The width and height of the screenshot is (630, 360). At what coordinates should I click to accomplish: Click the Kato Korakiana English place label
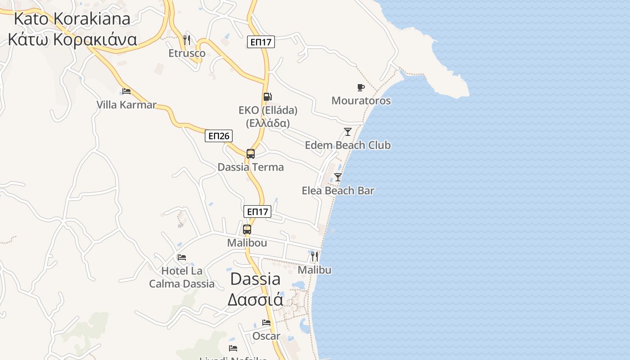[72, 18]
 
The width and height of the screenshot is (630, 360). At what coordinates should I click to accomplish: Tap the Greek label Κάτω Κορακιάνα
[72, 40]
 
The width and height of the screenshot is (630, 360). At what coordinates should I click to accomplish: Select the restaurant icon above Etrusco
[187, 40]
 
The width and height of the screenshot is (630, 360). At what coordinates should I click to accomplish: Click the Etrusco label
[187, 53]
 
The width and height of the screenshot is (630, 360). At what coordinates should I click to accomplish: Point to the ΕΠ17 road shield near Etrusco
[261, 42]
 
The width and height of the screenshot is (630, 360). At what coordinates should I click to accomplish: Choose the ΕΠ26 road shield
[219, 136]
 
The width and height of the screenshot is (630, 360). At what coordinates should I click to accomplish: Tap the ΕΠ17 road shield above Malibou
[257, 211]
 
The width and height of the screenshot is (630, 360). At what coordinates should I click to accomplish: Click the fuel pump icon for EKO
[267, 97]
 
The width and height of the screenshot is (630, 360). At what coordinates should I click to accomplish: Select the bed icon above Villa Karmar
[126, 91]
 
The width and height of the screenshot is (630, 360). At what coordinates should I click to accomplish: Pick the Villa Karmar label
[126, 105]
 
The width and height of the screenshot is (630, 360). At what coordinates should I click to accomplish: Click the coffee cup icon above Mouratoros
[360, 87]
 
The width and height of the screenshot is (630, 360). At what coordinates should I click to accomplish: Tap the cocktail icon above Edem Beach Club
[347, 132]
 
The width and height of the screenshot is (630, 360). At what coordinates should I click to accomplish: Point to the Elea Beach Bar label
[338, 191]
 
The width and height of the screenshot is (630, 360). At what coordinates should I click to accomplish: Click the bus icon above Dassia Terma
[251, 154]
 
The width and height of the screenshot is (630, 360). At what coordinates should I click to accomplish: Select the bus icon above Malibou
[247, 229]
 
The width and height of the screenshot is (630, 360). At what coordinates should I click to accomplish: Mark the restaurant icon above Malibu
[315, 256]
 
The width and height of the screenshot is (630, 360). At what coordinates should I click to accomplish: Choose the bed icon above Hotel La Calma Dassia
[182, 257]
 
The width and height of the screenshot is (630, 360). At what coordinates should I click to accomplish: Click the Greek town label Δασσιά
[255, 299]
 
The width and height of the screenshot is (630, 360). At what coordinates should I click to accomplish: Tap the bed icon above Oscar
[266, 323]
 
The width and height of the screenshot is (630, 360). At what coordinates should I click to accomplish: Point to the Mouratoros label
[361, 101]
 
